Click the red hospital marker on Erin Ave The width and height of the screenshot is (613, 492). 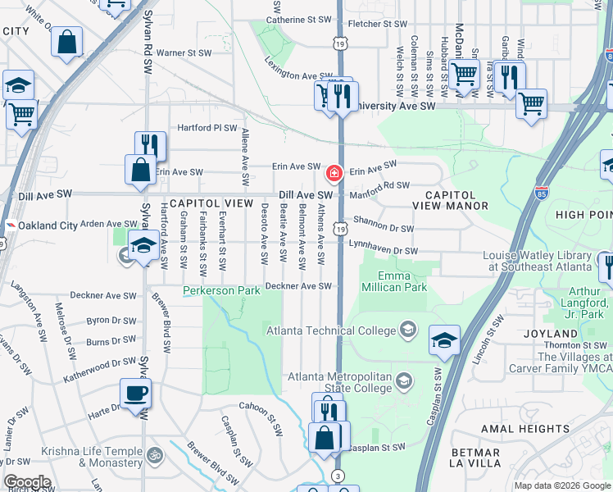click(x=334, y=173)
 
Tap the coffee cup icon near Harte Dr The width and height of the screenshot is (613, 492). click(x=135, y=392)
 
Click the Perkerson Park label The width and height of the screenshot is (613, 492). click(x=221, y=290)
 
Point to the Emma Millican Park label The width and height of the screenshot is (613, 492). click(x=402, y=282)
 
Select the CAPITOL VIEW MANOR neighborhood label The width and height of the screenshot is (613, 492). click(x=450, y=200)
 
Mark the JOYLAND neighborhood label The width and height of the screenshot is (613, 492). click(x=555, y=334)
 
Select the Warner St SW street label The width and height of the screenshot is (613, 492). click(x=184, y=53)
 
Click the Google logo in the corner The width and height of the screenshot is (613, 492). click(x=26, y=482)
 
